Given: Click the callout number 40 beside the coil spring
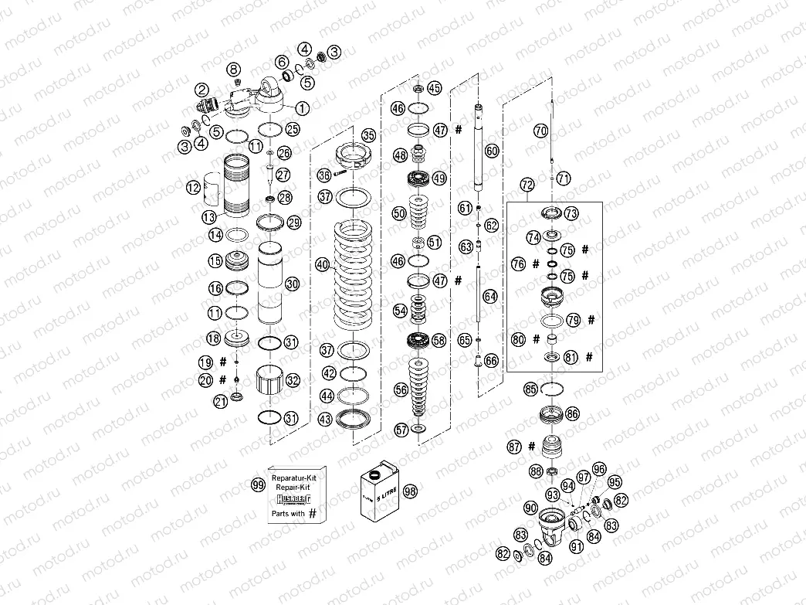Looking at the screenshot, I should coord(322,264).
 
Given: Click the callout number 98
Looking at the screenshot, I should coord(410,491).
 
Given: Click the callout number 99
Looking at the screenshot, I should coord(258,484).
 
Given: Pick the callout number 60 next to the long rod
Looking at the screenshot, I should coord(492,151).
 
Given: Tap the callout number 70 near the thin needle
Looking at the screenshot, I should coord(540,131).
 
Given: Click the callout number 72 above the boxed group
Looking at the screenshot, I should coord(527,185).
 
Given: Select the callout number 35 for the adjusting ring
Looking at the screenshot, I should coord(368,134).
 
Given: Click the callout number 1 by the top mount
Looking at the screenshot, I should coord(302,108).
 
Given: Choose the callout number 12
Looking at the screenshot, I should coord(193,186).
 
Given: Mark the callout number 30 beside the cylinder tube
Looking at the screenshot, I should coord(292,284).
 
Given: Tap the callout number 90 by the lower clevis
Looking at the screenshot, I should coord(529,508).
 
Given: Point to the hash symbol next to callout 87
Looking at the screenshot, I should coord(533,446).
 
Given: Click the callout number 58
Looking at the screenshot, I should coord(439,339).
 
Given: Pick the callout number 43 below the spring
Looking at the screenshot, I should coord(325,419).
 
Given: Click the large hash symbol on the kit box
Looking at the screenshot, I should coord(312,512).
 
